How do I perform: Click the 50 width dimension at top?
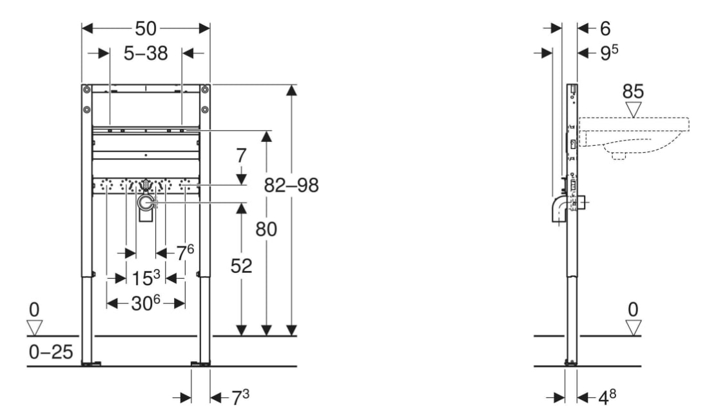click(146, 29)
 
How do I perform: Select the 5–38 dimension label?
click(146, 54)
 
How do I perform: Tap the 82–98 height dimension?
click(291, 185)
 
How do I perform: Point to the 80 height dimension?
click(266, 229)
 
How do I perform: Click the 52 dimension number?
click(241, 266)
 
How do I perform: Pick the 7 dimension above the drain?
click(241, 156)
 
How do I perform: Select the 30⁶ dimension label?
click(146, 303)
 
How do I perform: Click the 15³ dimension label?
click(146, 278)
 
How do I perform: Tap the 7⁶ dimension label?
click(186, 252)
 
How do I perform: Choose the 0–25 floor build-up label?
click(51, 352)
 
